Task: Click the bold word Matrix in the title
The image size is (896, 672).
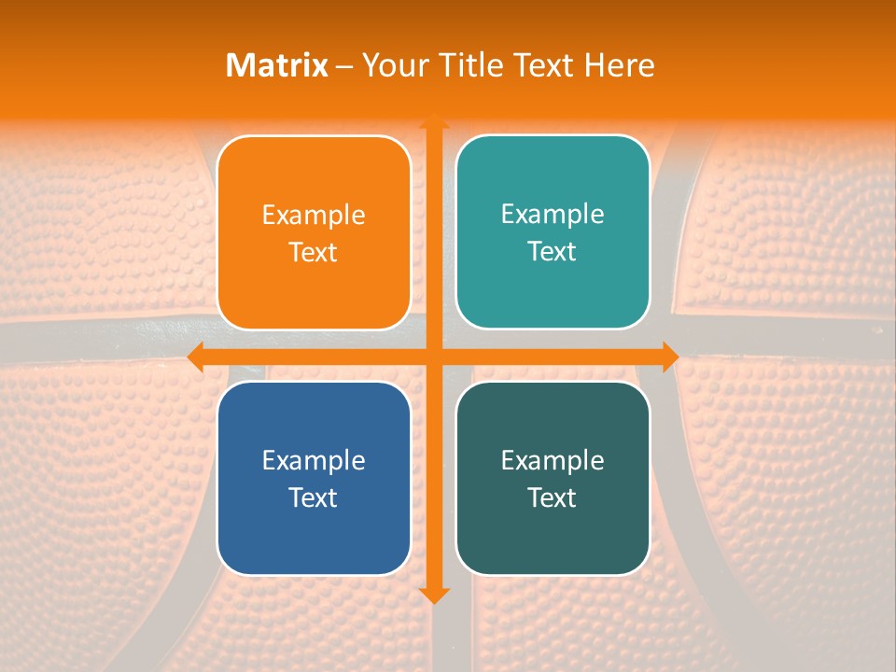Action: (x=277, y=65)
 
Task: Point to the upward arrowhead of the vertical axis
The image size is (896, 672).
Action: (x=433, y=121)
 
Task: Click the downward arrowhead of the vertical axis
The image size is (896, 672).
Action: (x=433, y=595)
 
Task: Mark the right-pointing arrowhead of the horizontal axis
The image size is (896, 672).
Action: (x=669, y=357)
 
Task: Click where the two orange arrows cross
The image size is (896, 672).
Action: (x=433, y=357)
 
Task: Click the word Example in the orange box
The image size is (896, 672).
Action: (x=314, y=216)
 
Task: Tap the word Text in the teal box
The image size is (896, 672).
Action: (x=553, y=252)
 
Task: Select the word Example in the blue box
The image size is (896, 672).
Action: (x=314, y=461)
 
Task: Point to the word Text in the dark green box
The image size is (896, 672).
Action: (x=553, y=497)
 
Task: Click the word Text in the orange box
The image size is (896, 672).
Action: (x=314, y=253)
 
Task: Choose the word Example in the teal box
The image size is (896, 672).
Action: (x=553, y=215)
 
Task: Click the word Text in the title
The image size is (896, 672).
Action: (x=540, y=65)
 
